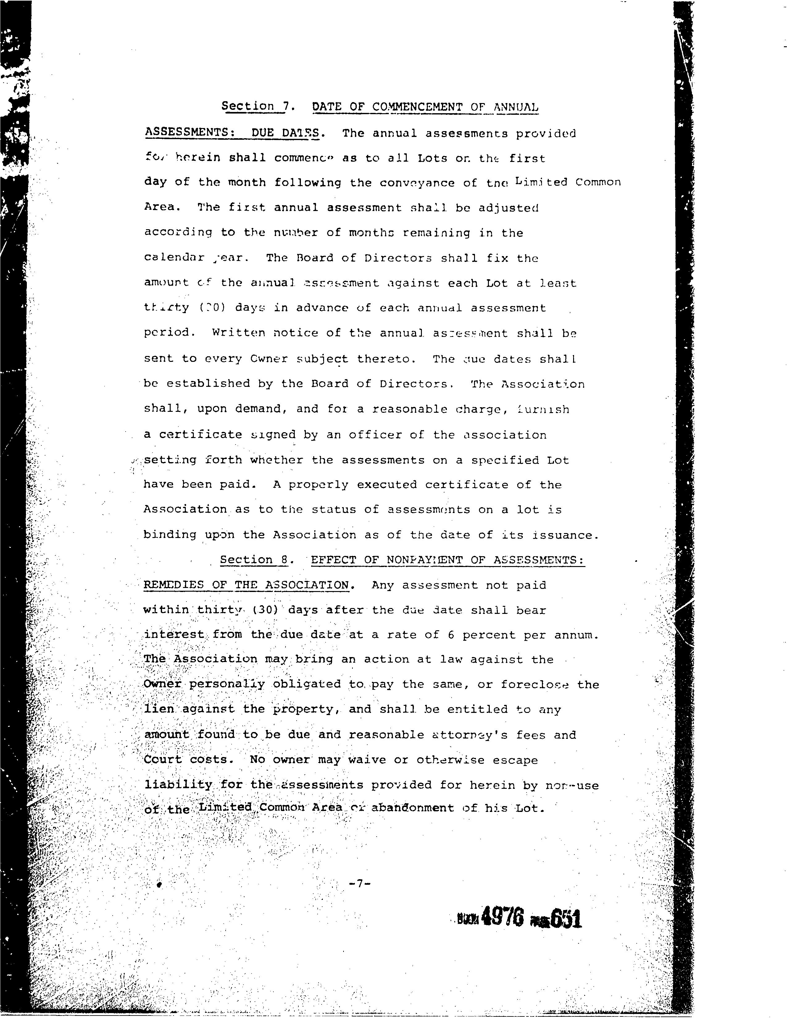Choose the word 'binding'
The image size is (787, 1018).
pos(170,535)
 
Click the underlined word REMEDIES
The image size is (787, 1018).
pos(174,585)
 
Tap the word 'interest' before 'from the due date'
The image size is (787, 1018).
pos(174,635)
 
